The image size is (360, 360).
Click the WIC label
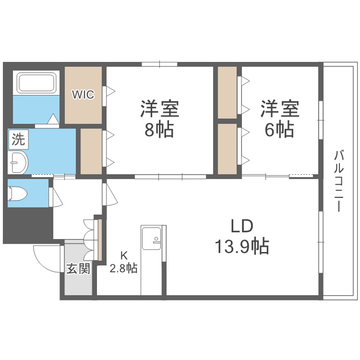pos(84,95)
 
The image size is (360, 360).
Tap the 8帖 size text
pos(159,130)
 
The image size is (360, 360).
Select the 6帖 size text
pos(280,130)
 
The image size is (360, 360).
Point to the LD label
pos(241,226)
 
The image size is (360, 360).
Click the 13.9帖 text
pos(241,246)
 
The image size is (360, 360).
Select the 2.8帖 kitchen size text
pos(123,268)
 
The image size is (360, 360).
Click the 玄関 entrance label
pos(78,269)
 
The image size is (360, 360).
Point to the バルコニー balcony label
pos(340,182)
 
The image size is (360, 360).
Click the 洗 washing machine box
pos(18,140)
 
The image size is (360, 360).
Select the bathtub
pos(37,83)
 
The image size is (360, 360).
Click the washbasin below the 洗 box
pos(18,163)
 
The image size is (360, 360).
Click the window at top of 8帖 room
pos(160,64)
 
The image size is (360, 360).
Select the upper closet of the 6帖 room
pos(227,92)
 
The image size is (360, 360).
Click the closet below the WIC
pos(91,151)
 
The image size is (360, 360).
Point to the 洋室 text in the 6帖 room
pos(280,109)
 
